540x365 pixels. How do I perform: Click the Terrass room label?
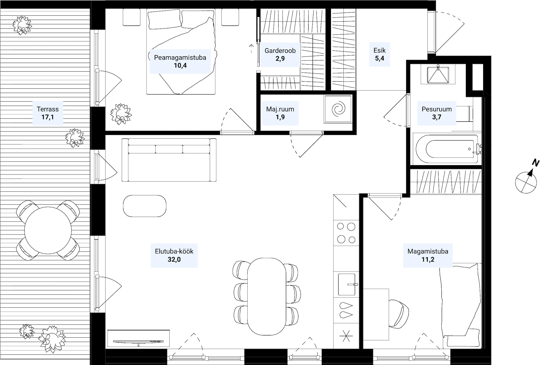[x=48, y=109]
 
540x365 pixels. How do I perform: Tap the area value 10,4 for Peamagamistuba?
[x=180, y=65]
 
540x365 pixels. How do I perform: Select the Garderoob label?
[x=280, y=51]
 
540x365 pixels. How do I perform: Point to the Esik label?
[x=379, y=50]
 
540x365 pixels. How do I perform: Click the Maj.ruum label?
[x=280, y=109]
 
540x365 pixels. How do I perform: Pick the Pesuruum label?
[x=437, y=109]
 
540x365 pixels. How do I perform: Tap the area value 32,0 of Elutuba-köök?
[x=174, y=259]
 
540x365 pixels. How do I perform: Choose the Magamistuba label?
[x=428, y=251]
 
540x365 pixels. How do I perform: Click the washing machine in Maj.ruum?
[x=338, y=109]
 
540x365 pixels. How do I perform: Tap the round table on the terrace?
[x=48, y=230]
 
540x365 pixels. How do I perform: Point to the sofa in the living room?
[x=169, y=160]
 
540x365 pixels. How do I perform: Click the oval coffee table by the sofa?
[x=145, y=206]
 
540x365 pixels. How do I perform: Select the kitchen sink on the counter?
[x=347, y=284]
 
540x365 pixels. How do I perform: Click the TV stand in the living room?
[x=139, y=338]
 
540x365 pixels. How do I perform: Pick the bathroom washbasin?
[x=438, y=74]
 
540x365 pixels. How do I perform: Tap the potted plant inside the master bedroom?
[x=121, y=114]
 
